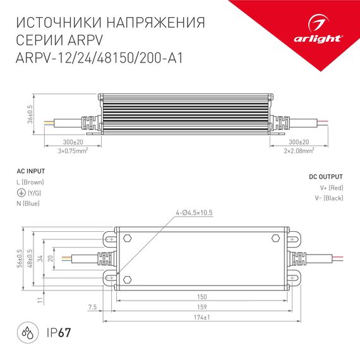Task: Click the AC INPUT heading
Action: [x=30, y=171]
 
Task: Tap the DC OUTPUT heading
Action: [x=327, y=177]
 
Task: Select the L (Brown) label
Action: [x=30, y=182]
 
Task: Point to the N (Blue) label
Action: [x=28, y=203]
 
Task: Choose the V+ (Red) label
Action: [x=332, y=188]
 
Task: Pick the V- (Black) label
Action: [x=332, y=198]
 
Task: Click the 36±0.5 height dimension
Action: [x=30, y=116]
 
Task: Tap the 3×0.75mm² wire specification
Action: [x=72, y=152]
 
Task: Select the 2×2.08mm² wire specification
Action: [x=294, y=152]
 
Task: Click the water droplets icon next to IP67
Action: [x=26, y=333]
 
